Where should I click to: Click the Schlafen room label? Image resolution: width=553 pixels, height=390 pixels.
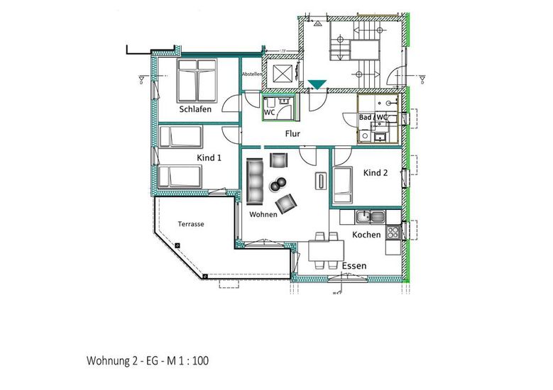[195, 109]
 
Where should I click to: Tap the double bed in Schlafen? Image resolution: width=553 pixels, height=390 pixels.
[197, 81]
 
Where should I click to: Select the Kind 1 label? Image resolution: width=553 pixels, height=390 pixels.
[209, 158]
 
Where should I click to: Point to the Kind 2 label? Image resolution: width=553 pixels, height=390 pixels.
[376, 172]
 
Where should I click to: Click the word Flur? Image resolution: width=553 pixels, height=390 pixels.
[292, 133]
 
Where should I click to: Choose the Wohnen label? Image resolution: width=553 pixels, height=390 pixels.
[263, 214]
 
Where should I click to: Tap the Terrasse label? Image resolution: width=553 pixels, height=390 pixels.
[191, 224]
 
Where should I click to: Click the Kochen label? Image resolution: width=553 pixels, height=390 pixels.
[366, 235]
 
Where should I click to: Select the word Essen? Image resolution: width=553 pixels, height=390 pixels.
[354, 266]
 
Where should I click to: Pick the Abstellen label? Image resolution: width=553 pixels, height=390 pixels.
[252, 74]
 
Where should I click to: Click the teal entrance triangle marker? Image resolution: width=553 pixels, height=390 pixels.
[317, 84]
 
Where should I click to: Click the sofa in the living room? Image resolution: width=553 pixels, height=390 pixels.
[255, 181]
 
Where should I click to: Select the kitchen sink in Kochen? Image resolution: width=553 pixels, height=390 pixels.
[371, 217]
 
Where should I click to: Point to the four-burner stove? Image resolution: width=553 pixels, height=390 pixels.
[393, 232]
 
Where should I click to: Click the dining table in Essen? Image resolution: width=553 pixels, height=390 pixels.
[327, 250]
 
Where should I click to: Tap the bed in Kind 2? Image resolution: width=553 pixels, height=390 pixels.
[342, 185]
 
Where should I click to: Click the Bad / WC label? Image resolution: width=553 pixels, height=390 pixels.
[373, 117]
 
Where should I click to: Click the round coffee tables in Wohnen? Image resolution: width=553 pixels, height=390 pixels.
[278, 184]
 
